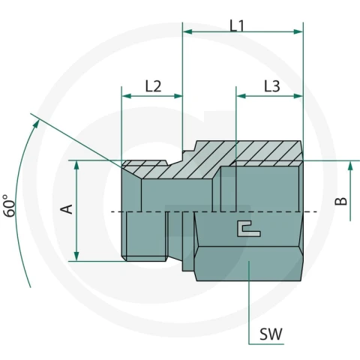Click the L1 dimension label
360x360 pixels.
[x=237, y=26]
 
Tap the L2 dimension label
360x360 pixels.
[x=153, y=86]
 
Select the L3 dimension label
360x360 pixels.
[x=272, y=86]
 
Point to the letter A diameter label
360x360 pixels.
[x=67, y=209]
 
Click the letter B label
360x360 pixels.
[x=341, y=201]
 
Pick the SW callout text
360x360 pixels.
[x=271, y=334]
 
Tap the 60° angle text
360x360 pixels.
[x=10, y=205]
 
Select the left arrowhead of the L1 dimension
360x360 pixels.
[x=187, y=31]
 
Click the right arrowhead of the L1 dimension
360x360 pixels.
[x=298, y=31]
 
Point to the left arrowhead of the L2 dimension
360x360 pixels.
[x=127, y=96]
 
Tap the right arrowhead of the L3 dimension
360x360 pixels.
[x=298, y=96]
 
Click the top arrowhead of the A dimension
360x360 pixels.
[x=76, y=166]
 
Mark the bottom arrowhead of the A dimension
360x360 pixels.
[x=76, y=256]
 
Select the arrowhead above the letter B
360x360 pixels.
[x=350, y=166]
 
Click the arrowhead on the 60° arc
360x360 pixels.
[x=37, y=124]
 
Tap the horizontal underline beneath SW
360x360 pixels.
[x=266, y=344]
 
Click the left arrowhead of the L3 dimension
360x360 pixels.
[x=241, y=96]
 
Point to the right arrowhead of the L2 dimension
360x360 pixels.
[x=178, y=96]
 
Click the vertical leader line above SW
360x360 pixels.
[x=249, y=302]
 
